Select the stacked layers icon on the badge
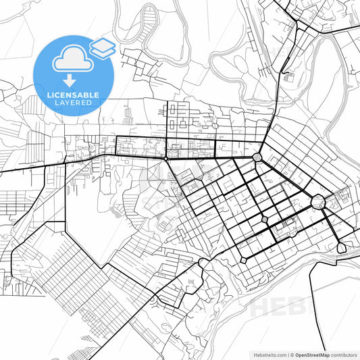[x=102, y=47]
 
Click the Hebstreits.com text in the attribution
[x=267, y=354]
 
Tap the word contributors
[x=344, y=354]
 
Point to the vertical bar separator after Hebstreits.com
[x=287, y=354]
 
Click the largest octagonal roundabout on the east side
[x=318, y=201]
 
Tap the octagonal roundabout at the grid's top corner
[x=257, y=158]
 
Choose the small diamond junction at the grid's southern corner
[x=242, y=259]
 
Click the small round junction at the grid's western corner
[x=167, y=159]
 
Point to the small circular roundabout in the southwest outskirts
[x=153, y=298]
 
